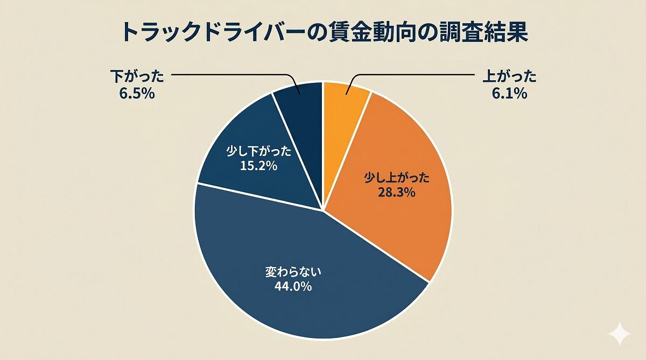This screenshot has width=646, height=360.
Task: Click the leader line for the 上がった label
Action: click(x=409, y=74)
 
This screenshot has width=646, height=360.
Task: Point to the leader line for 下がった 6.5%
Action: click(x=231, y=74)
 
